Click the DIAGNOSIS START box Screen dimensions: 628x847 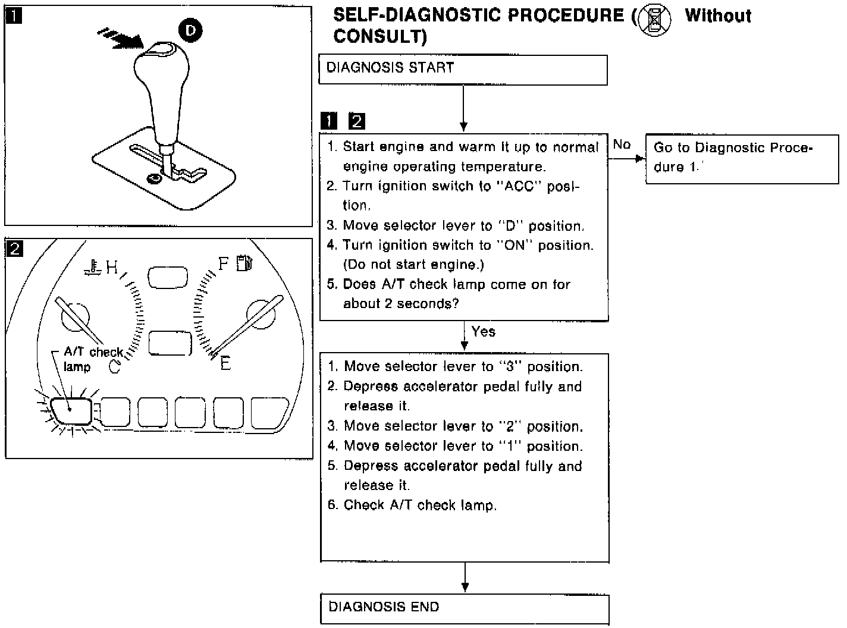click(463, 70)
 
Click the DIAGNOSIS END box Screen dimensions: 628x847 click(465, 608)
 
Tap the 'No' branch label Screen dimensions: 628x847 click(622, 145)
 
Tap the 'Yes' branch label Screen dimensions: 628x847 click(483, 331)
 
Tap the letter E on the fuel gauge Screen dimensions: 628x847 click(225, 363)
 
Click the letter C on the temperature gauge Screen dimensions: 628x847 click(115, 368)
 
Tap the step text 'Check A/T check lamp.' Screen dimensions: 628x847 click(420, 505)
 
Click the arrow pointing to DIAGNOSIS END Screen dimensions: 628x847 click(465, 579)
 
